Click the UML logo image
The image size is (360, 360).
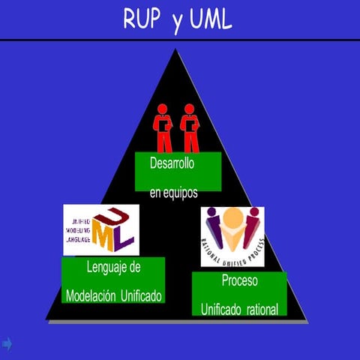[x=100, y=229]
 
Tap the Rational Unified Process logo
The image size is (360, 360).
[x=232, y=236]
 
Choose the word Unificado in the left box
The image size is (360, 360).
[x=140, y=295]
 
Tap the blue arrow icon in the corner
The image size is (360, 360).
[x=7, y=343]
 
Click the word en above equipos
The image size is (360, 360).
[x=155, y=193]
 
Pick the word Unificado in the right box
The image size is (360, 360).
[x=223, y=308]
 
